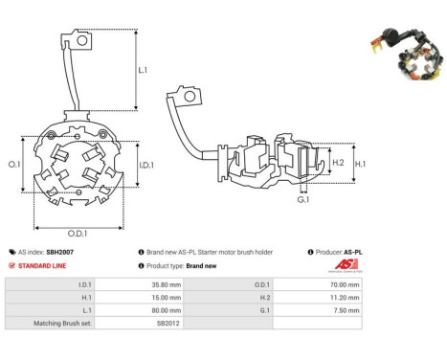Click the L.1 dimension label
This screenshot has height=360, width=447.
pyautogui.click(x=143, y=70)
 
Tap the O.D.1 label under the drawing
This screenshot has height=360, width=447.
pyautogui.click(x=78, y=234)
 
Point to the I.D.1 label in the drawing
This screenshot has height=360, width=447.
pyautogui.click(x=146, y=165)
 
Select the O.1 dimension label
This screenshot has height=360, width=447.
pyautogui.click(x=14, y=164)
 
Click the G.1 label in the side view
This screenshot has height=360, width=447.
pyautogui.click(x=303, y=200)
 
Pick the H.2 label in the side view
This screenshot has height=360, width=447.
pyautogui.click(x=338, y=163)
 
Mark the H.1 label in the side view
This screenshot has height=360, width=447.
pyautogui.click(x=360, y=164)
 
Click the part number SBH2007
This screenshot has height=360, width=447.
pyautogui.click(x=60, y=252)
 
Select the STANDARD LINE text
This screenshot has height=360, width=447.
pyautogui.click(x=42, y=266)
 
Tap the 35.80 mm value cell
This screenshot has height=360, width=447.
pyautogui.click(x=167, y=284)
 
